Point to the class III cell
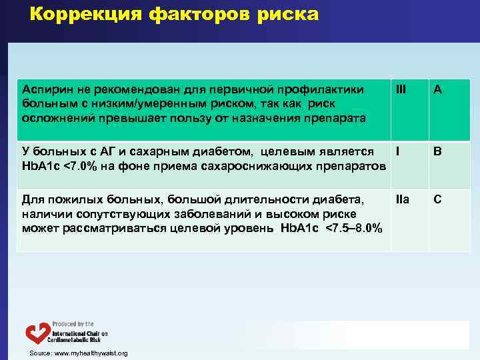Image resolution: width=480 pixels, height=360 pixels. coord(401,89)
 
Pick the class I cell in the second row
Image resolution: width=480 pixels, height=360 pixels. coord(397,151)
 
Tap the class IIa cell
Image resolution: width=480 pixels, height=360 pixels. coord(402,199)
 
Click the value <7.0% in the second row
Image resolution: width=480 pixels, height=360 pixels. coord(75,165)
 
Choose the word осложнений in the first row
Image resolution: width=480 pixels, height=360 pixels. coord(54,118)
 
